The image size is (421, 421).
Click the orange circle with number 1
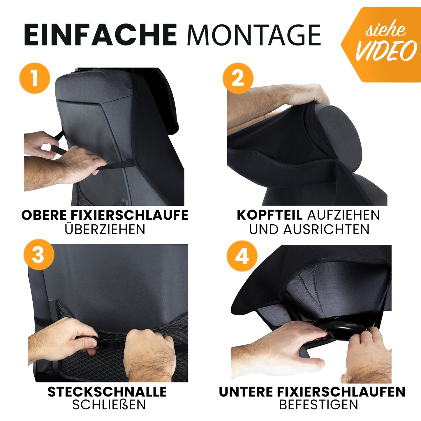(35, 78)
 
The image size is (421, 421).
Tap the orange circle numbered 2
(238, 78)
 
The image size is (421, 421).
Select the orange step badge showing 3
(39, 255)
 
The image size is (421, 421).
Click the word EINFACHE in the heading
(100, 35)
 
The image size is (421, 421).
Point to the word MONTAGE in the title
(254, 35)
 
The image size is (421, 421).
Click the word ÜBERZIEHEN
(105, 229)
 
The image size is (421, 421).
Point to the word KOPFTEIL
(269, 215)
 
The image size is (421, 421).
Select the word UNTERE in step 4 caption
(246, 392)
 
